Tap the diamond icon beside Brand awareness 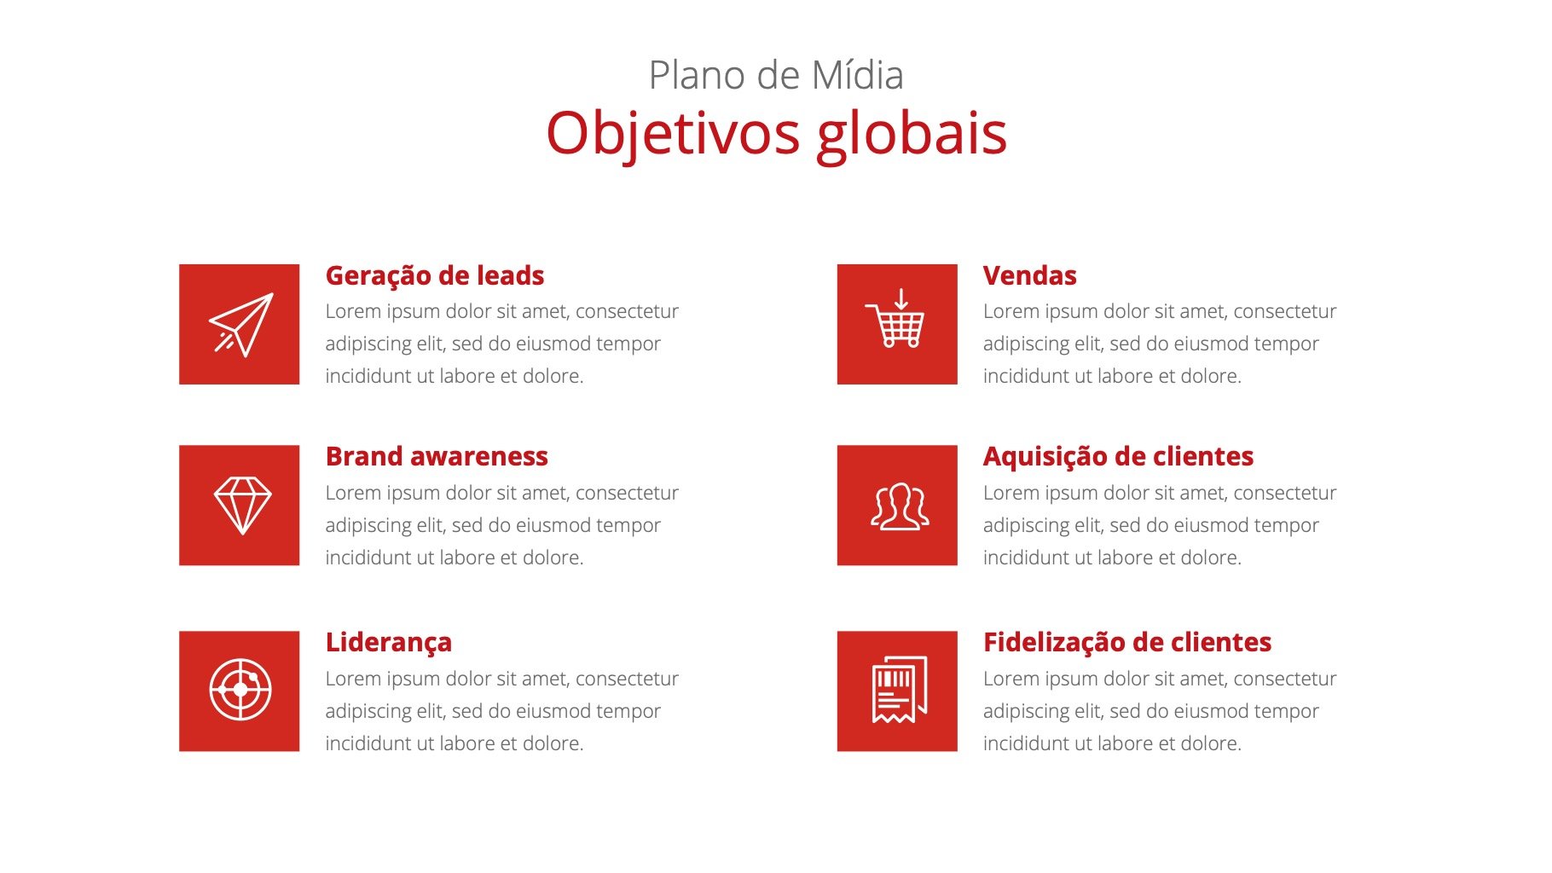[242, 505]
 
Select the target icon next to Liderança [240, 690]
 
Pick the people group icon [900, 507]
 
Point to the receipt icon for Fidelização [899, 690]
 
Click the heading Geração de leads [435, 276]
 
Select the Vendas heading [1029, 276]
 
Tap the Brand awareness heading [437, 457]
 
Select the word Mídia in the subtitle [858, 75]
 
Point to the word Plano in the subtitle [698, 75]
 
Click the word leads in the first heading [510, 276]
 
